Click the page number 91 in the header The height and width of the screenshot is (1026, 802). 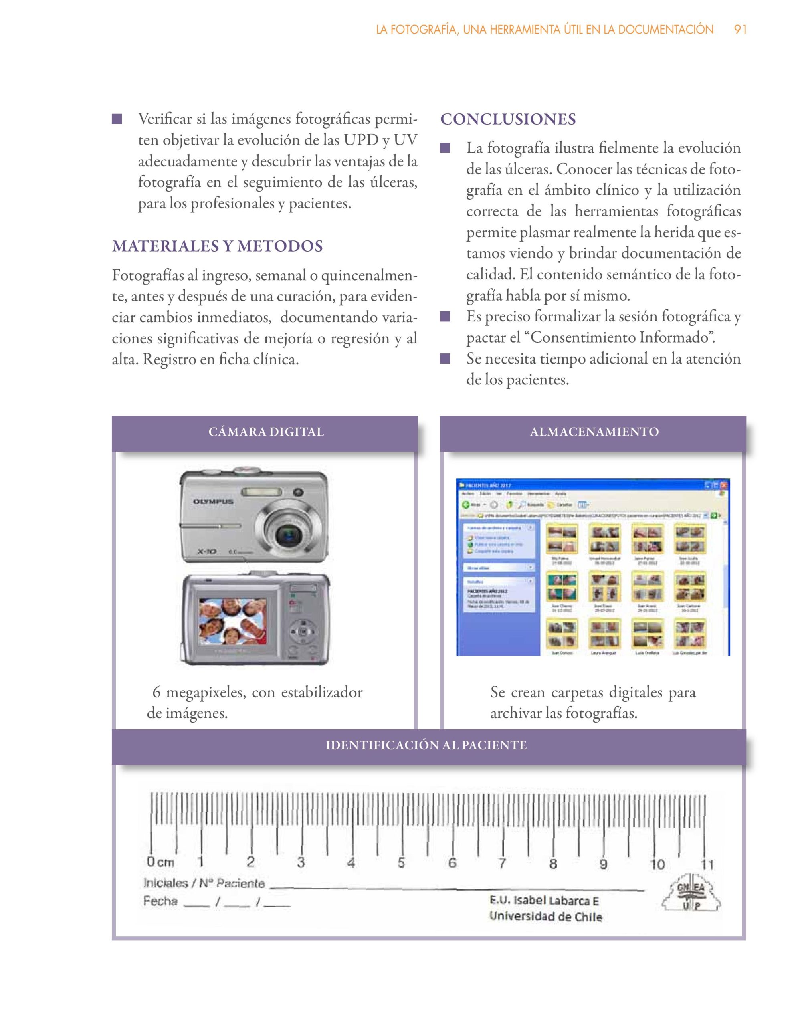tap(740, 30)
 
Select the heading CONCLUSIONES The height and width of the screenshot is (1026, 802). tap(508, 119)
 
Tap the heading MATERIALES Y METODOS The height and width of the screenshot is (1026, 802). tap(217, 246)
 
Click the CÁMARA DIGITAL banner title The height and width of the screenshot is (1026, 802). tap(266, 432)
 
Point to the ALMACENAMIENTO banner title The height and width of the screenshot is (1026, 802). tap(594, 432)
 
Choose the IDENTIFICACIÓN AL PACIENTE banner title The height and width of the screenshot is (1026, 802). tap(426, 745)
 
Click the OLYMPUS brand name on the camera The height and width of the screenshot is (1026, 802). tap(213, 502)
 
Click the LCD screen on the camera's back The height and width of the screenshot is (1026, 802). tap(232, 622)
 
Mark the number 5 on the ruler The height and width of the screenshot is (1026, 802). tap(401, 863)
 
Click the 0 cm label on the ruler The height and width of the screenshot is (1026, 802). tap(160, 862)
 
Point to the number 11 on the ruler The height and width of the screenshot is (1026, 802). tap(707, 864)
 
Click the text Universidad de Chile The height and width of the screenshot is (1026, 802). tap(545, 916)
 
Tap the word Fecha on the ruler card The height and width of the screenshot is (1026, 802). tap(160, 901)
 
